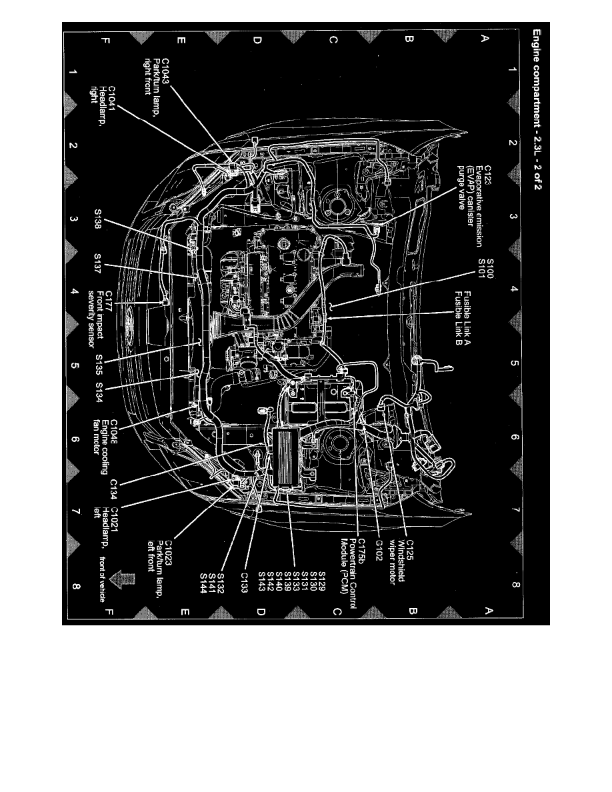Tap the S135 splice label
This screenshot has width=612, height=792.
click(98, 365)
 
